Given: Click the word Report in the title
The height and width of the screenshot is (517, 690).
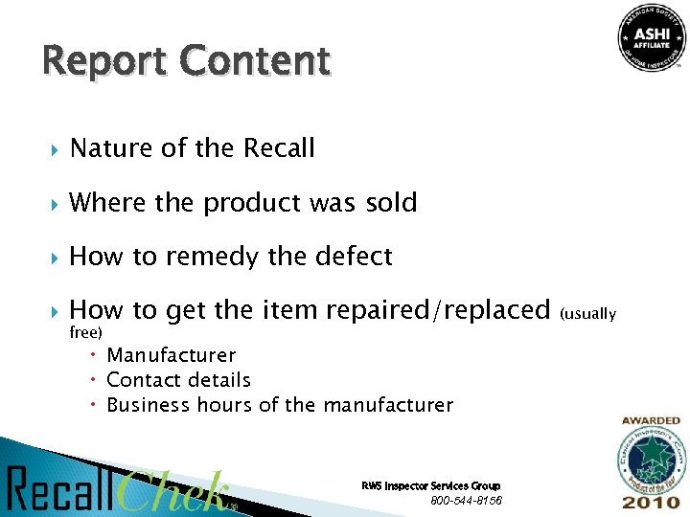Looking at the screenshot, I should [x=92, y=61].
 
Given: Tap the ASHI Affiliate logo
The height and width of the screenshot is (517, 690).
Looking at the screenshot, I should [x=651, y=39].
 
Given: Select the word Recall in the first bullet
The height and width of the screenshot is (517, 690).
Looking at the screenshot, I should [x=279, y=148].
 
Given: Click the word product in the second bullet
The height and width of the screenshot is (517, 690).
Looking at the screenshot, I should [x=252, y=203].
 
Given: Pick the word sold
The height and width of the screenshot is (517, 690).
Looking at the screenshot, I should [x=391, y=203].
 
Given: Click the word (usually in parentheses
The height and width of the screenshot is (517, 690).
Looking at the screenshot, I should [x=588, y=313].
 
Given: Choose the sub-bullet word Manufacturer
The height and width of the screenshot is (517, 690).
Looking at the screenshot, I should [x=171, y=355].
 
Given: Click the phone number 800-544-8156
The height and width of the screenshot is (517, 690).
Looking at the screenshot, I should [x=466, y=501].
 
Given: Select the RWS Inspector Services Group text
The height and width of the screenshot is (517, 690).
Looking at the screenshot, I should [x=430, y=486].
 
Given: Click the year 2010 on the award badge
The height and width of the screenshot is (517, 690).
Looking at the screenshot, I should [x=652, y=502].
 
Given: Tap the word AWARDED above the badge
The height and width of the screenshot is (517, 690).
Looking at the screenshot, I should [x=651, y=420].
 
